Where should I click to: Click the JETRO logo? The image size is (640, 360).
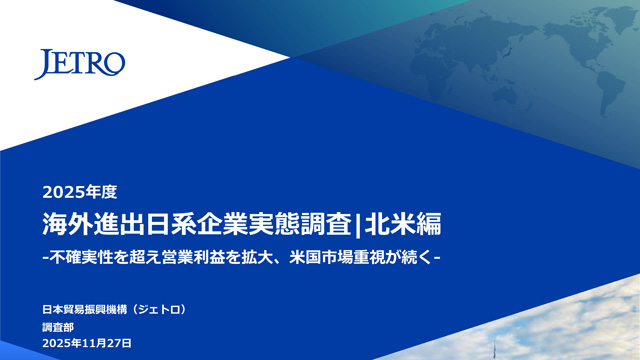click(80, 64)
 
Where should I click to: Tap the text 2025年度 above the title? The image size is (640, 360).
click(80, 192)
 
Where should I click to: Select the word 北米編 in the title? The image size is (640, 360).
click(403, 224)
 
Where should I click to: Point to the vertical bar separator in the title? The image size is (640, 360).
click(358, 225)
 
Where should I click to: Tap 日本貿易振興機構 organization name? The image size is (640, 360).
click(85, 310)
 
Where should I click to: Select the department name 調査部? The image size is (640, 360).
click(58, 327)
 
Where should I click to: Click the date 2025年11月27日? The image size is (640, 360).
click(87, 343)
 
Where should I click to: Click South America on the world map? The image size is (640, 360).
click(611, 93)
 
